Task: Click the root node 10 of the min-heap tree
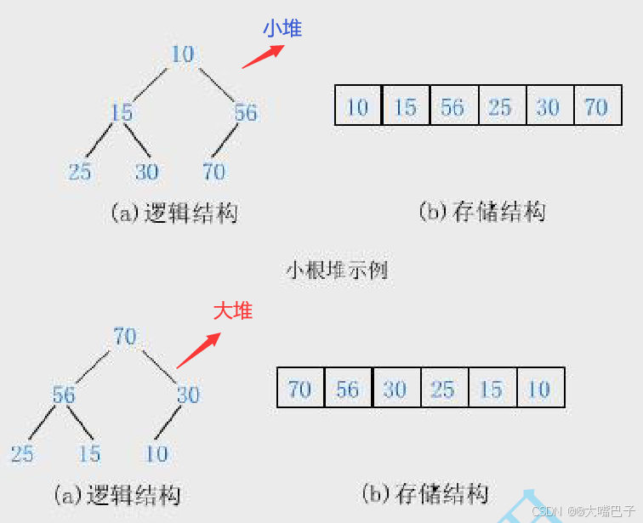click(183, 54)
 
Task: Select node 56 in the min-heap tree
click(246, 112)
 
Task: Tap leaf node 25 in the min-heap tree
click(80, 172)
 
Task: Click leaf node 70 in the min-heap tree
click(213, 172)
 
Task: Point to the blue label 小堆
click(282, 28)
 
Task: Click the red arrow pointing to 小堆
click(261, 56)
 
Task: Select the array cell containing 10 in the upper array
click(358, 106)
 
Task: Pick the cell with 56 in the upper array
click(452, 106)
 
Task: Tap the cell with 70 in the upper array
click(596, 106)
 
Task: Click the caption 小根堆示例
click(336, 270)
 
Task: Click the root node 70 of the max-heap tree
click(125, 337)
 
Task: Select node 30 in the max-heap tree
click(188, 395)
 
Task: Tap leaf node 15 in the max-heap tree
click(89, 454)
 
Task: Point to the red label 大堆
click(233, 310)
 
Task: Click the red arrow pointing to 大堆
click(198, 350)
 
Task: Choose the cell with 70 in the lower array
click(300, 389)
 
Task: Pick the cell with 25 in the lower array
click(442, 389)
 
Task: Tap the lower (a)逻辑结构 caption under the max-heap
click(117, 494)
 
